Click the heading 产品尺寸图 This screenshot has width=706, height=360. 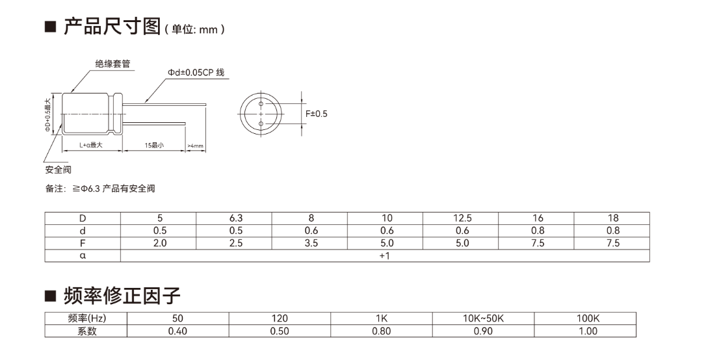pyautogui.click(x=112, y=27)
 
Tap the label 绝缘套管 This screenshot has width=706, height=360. pyautogui.click(x=112, y=64)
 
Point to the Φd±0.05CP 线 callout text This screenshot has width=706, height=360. pyautogui.click(x=196, y=72)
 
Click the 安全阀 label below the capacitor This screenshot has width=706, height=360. pyautogui.click(x=58, y=170)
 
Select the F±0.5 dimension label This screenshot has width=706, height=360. pyautogui.click(x=317, y=114)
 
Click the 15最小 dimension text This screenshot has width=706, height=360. pyautogui.click(x=154, y=146)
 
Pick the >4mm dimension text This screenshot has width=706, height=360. pyautogui.click(x=196, y=146)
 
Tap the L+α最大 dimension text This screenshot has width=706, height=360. pyautogui.click(x=91, y=146)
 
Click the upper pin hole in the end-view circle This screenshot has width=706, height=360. pyautogui.click(x=261, y=104)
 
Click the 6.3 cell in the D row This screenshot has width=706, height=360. pyautogui.click(x=235, y=218)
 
